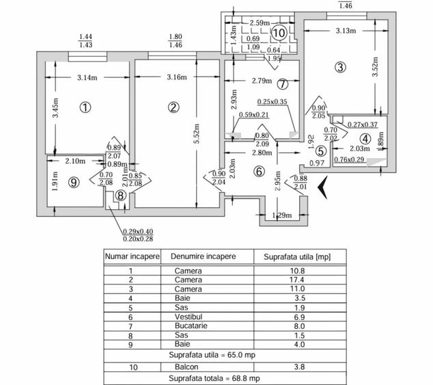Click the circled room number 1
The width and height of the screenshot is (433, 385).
coord(85,107)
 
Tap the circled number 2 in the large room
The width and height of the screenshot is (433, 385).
coord(173,107)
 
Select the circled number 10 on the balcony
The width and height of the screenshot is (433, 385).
coord(279,33)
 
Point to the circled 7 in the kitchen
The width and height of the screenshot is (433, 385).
coord(283,84)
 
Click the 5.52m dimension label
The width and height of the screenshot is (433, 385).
coord(197,133)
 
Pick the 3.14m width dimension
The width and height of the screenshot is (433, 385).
coord(87,78)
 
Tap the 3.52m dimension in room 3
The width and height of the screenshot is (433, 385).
coord(375,66)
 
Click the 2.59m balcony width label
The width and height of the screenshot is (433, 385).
coord(260,23)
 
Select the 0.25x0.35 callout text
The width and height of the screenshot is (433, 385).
coord(273,102)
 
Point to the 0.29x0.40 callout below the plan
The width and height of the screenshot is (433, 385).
coord(138,232)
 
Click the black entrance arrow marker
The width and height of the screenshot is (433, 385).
coord(322,187)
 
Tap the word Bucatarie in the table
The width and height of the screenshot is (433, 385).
coord(191,326)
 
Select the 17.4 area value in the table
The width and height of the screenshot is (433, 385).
coord(297,280)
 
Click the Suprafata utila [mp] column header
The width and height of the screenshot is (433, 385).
coord(297,257)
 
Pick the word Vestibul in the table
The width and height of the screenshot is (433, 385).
coord(188,317)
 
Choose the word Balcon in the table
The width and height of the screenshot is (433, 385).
coord(186,367)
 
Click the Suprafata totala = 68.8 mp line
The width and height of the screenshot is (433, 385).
coord(214,378)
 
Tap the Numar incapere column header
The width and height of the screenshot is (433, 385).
coord(132,256)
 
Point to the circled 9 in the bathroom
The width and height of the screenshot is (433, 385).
coord(74,183)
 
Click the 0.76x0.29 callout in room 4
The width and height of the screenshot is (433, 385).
coord(349,159)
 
